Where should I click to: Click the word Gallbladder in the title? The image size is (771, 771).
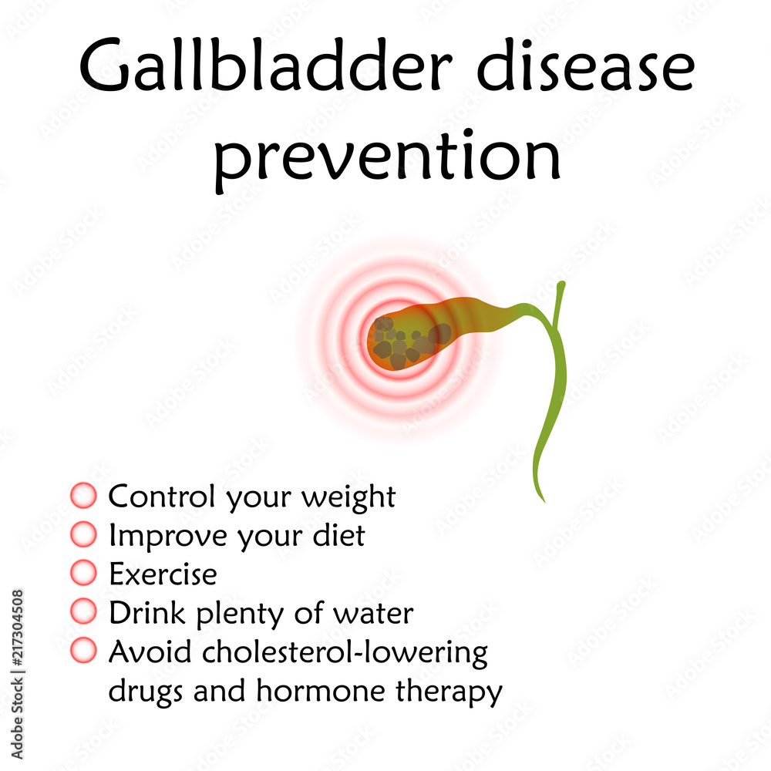pos(265,66)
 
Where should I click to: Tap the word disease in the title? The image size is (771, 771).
pos(586,66)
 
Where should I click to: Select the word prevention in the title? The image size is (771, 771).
pos(387,158)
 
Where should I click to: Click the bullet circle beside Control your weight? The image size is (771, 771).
pos(83,495)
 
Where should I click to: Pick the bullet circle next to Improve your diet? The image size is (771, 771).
pos(83,534)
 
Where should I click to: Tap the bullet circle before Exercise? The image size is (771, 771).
pos(83,573)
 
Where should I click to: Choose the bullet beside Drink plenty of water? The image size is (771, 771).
pos(83,611)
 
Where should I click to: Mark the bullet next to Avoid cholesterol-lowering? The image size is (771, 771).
pos(83,650)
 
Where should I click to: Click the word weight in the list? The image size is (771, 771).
pos(348,497)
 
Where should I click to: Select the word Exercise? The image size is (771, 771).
pos(163,574)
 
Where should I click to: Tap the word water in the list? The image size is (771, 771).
pos(373,614)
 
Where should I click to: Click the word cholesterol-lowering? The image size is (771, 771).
pos(345,653)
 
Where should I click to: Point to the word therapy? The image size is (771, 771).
pos(449,692)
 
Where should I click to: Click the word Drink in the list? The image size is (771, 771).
pos(147,613)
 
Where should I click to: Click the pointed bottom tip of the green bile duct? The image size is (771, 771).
pos(544,502)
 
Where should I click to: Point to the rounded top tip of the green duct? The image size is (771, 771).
pos(561,284)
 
